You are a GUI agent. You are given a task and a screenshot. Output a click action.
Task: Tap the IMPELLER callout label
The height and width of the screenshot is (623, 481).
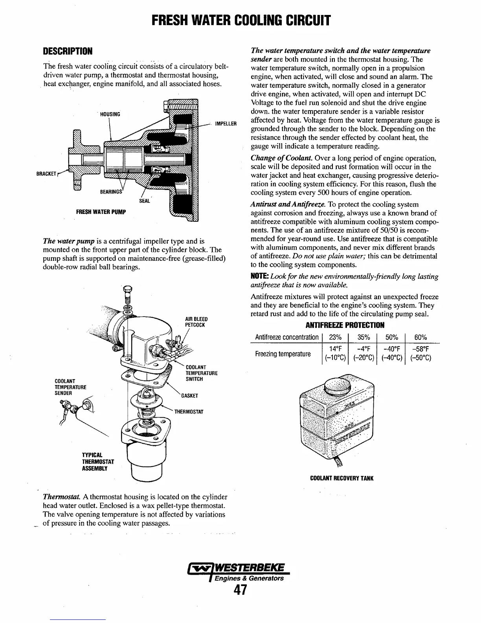tap(226, 123)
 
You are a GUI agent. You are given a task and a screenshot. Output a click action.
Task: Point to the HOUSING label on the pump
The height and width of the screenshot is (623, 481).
tap(110, 114)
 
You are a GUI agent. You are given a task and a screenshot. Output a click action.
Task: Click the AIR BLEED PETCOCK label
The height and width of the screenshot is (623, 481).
tap(196, 322)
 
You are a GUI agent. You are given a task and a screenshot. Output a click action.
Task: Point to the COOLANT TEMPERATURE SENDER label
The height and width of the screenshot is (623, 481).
tap(69, 387)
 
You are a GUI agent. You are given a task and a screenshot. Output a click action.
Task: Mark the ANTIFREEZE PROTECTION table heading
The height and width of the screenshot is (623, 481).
tap(345, 325)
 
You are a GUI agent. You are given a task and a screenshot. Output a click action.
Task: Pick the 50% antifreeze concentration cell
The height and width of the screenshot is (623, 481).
tap(391, 337)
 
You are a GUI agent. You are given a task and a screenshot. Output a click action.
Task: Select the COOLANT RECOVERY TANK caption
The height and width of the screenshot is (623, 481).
tap(341, 478)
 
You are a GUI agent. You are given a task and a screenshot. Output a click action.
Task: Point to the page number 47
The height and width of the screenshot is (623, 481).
tap(240, 590)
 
